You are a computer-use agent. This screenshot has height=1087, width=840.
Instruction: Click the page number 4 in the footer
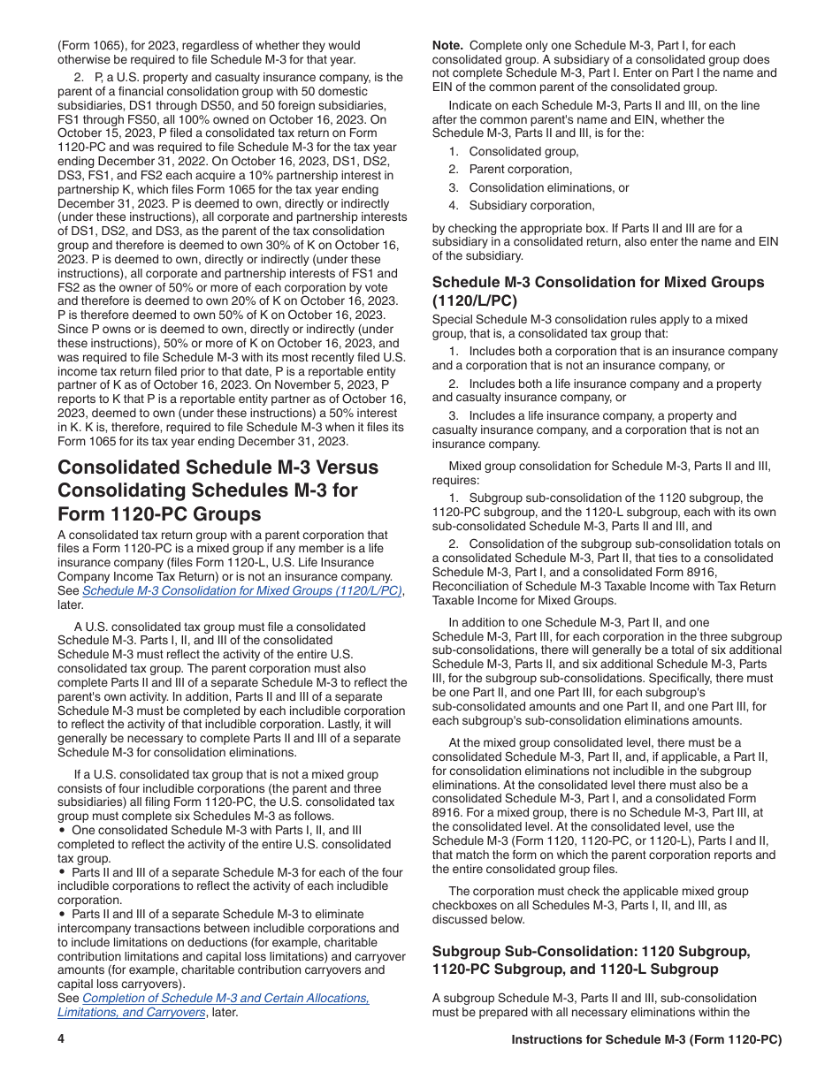point(61,1040)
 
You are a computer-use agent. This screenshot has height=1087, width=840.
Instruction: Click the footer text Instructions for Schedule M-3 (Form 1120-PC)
point(646,1040)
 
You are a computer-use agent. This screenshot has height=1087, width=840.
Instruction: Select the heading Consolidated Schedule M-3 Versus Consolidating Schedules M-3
point(218,490)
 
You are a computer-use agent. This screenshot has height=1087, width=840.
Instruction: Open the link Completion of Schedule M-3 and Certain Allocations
point(225,998)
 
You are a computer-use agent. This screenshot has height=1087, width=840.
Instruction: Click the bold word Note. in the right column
point(447,45)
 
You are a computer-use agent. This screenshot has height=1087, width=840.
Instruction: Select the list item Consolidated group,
point(523,151)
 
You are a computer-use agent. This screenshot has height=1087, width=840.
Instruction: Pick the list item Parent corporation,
point(520,169)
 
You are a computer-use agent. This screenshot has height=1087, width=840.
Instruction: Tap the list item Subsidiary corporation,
point(531,205)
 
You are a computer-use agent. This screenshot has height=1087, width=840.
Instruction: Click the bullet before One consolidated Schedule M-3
point(62,831)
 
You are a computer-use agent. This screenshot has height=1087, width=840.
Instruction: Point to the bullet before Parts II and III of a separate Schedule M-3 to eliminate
point(62,915)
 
